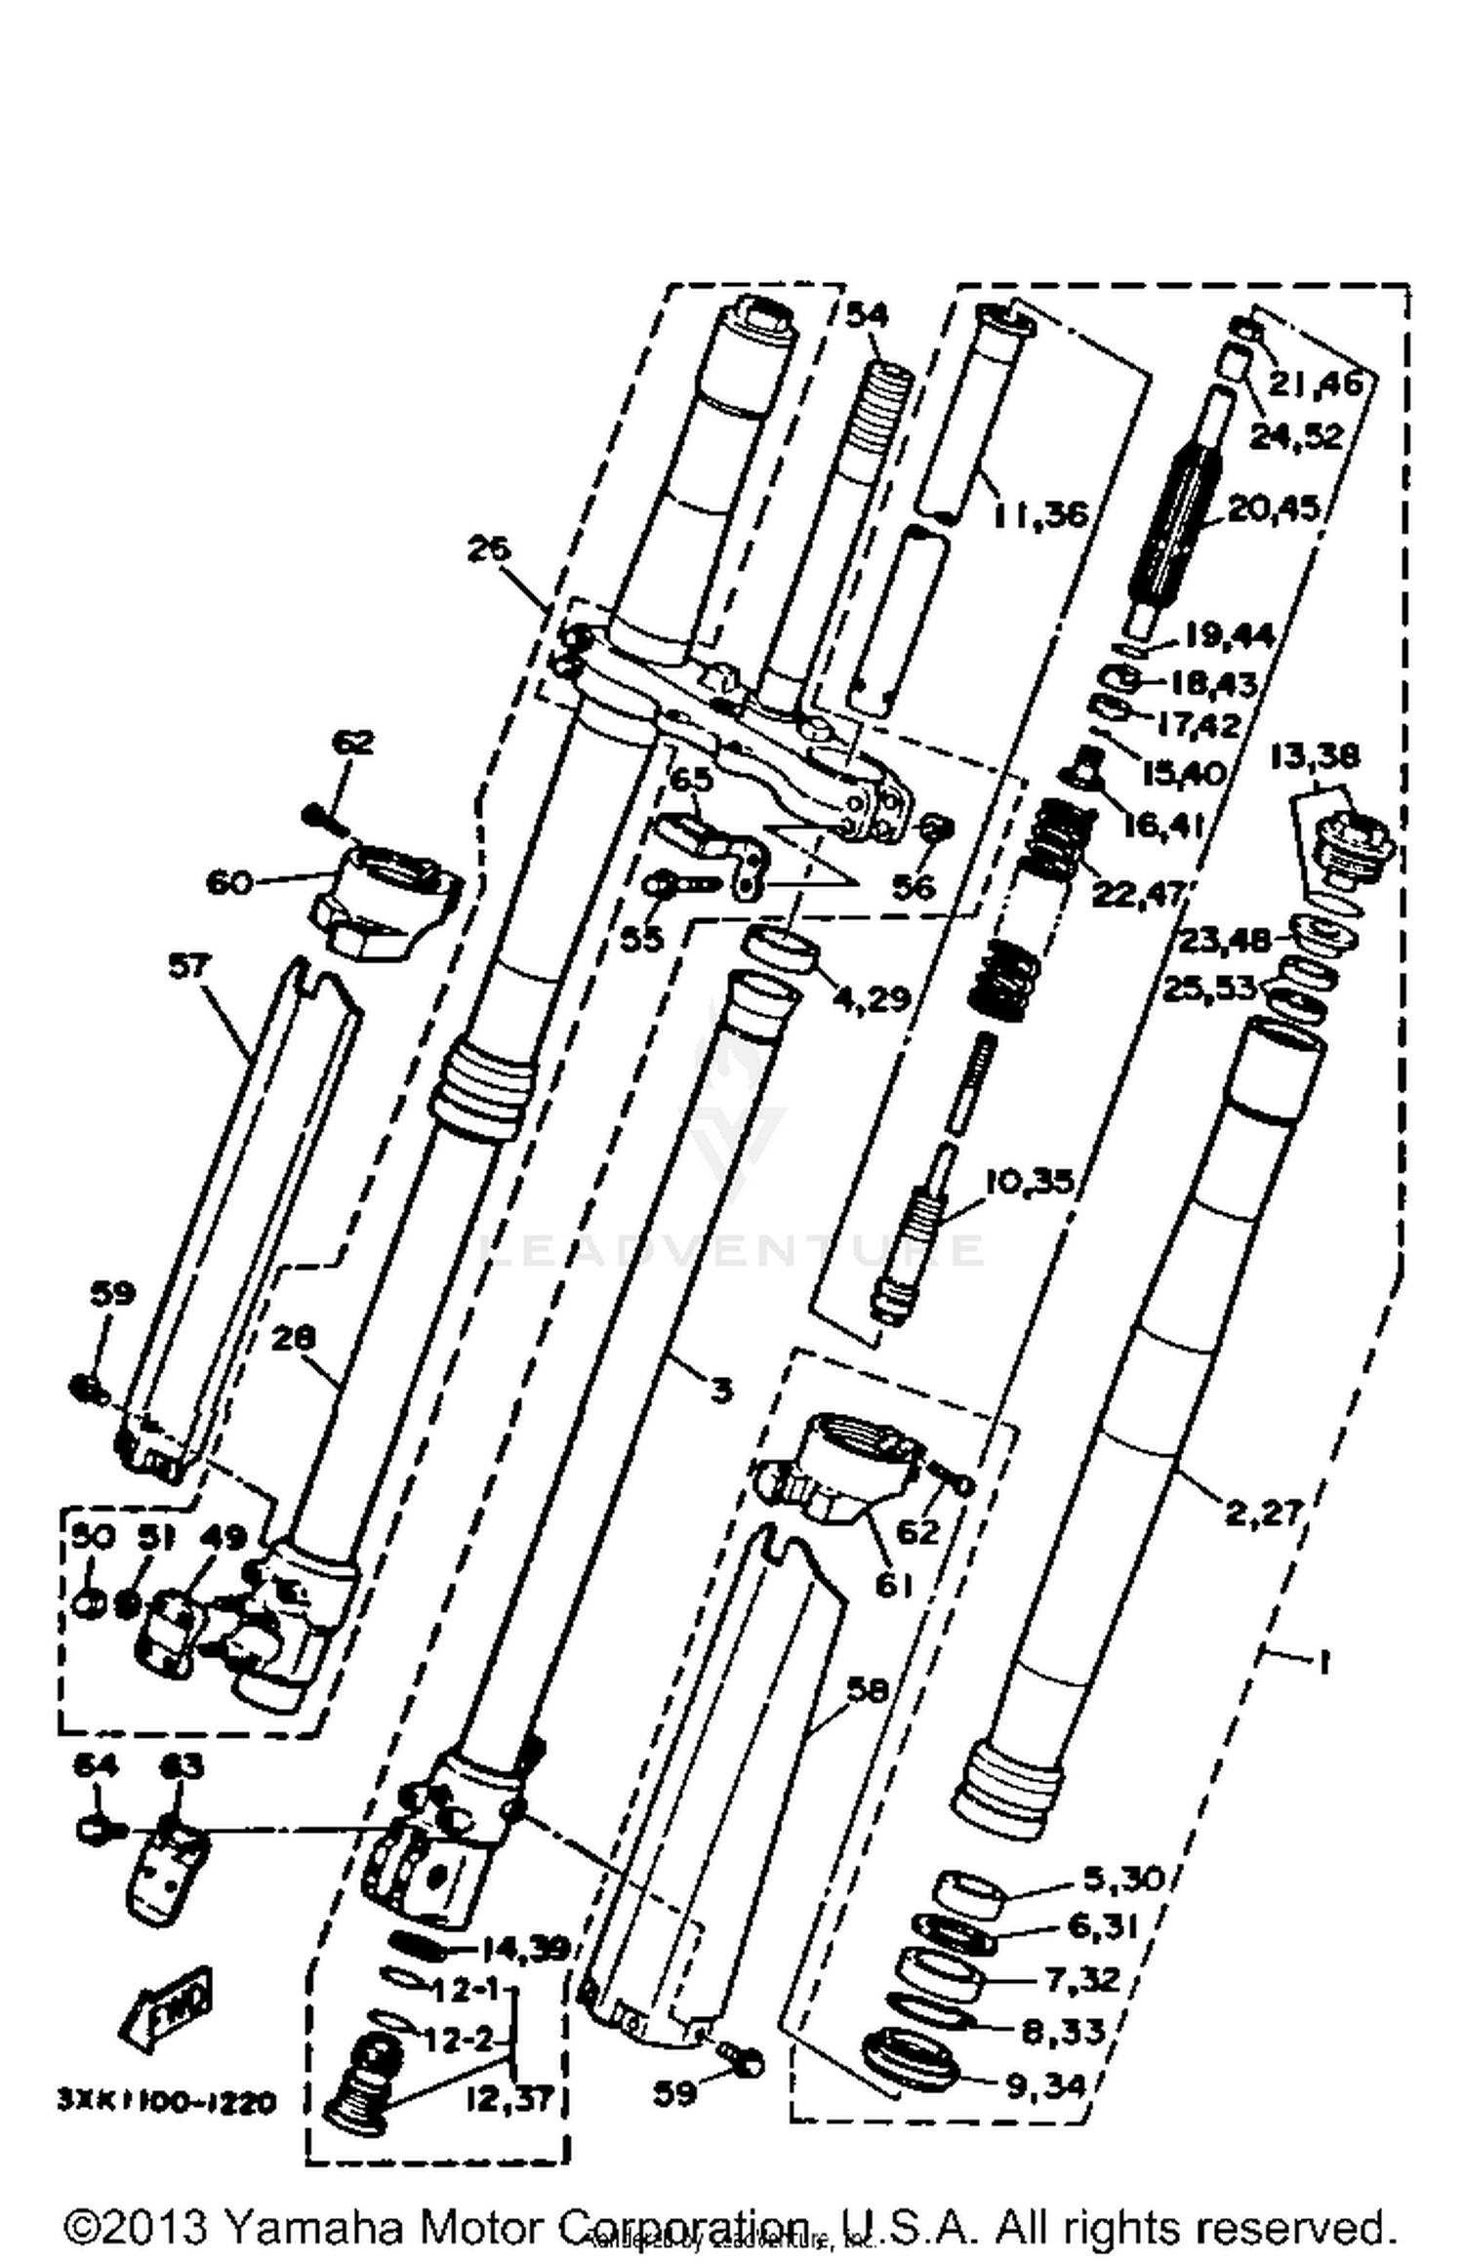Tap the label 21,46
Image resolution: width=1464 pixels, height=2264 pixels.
[1316, 384]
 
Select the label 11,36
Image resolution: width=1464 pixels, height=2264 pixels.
[1040, 513]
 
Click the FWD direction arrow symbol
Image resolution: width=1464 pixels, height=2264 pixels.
[166, 2006]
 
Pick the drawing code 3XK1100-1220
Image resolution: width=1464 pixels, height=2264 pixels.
[166, 2100]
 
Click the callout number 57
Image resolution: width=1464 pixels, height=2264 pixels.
[188, 966]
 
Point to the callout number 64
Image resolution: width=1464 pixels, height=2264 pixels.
[96, 1765]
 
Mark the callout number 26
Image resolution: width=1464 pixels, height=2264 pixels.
[488, 549]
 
